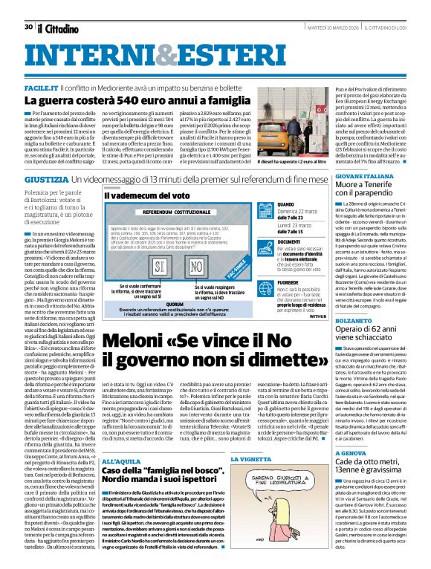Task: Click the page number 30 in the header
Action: point(28,27)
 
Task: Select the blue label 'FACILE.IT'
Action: point(41,88)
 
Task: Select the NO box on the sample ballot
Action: point(196,265)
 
